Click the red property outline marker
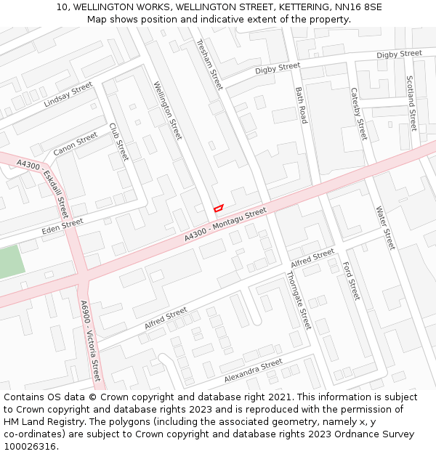(x=217, y=208)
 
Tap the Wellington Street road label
(x=168, y=110)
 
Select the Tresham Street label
(x=209, y=65)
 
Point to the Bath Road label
(x=302, y=105)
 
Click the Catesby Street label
(x=359, y=115)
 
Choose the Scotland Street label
(x=411, y=102)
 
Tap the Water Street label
(x=385, y=228)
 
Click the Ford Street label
(x=351, y=281)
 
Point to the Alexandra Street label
(x=253, y=371)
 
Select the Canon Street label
(x=75, y=144)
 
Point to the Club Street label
(x=118, y=142)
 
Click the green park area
(x=10, y=262)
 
